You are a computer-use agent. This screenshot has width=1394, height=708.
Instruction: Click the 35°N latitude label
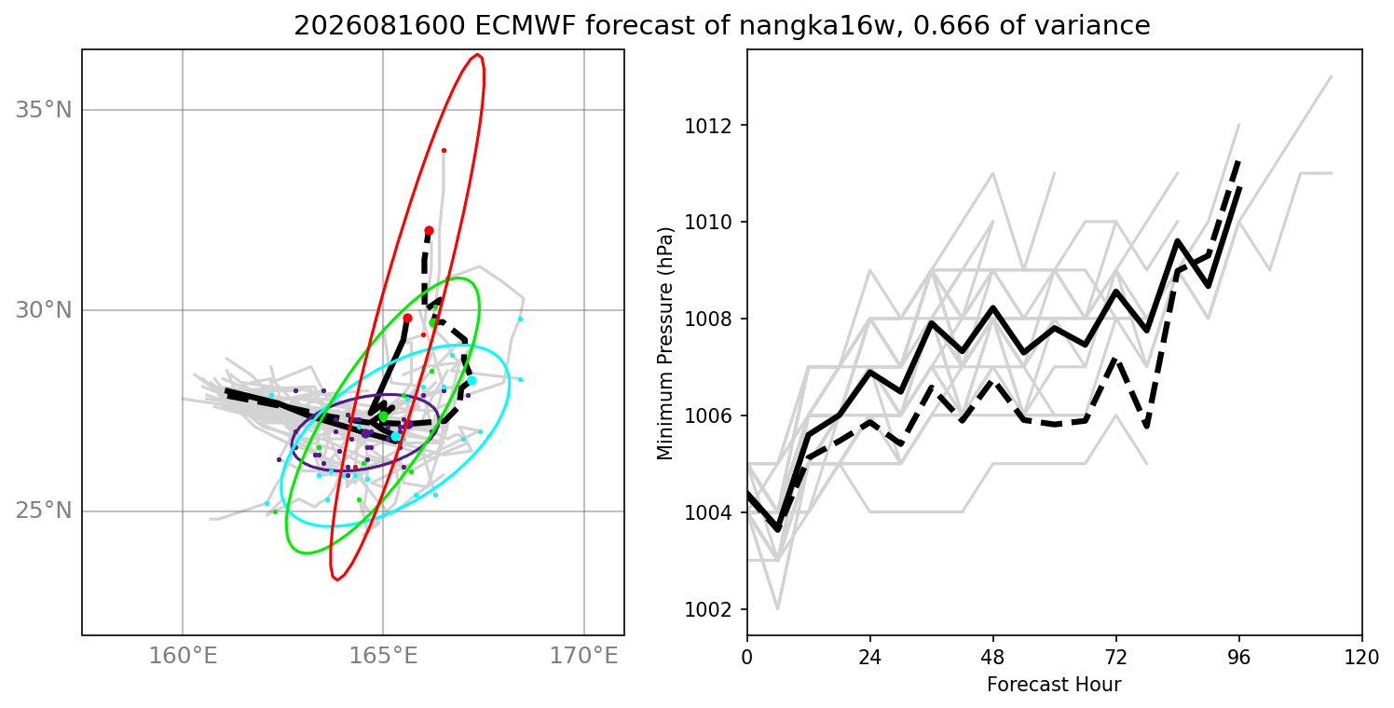[44, 110]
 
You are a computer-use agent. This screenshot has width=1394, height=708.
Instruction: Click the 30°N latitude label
[44, 310]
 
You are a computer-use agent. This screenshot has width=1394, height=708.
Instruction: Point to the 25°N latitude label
[44, 511]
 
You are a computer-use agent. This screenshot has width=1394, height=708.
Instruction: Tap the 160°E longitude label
[183, 655]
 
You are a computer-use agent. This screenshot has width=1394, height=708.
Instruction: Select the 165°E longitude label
[383, 655]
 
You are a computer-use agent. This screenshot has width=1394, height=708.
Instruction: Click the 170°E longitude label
[583, 655]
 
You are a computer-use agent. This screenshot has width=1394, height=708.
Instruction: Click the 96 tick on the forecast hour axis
[1239, 658]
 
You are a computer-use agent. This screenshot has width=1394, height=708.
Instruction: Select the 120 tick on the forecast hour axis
[1362, 658]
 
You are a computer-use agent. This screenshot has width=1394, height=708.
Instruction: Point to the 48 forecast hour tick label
[993, 658]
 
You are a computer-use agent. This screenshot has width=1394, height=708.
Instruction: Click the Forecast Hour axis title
[1054, 685]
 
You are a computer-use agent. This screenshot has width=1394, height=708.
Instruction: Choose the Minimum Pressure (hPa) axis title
[664, 344]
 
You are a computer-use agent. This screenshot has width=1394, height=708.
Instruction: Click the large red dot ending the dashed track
[429, 231]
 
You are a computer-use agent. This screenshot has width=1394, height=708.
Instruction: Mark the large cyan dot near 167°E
[471, 381]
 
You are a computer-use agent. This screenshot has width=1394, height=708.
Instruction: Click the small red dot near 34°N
[444, 151]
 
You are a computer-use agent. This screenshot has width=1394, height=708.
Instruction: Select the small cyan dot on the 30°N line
[520, 320]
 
